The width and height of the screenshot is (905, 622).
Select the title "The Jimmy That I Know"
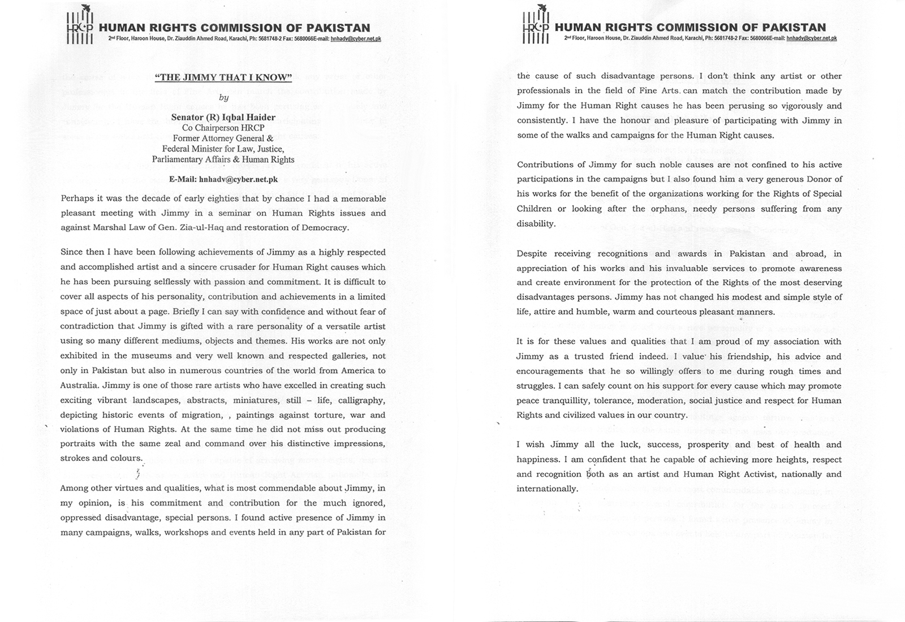tap(223, 78)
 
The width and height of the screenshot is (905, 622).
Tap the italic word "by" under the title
tap(223, 97)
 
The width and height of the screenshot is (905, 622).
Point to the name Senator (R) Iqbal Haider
tap(223, 118)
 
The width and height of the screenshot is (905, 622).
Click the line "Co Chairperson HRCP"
tap(223, 128)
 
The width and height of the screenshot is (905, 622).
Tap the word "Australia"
tap(80, 385)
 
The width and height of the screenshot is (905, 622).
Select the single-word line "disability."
tap(535, 223)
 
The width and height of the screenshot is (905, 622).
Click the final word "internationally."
tap(547, 489)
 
